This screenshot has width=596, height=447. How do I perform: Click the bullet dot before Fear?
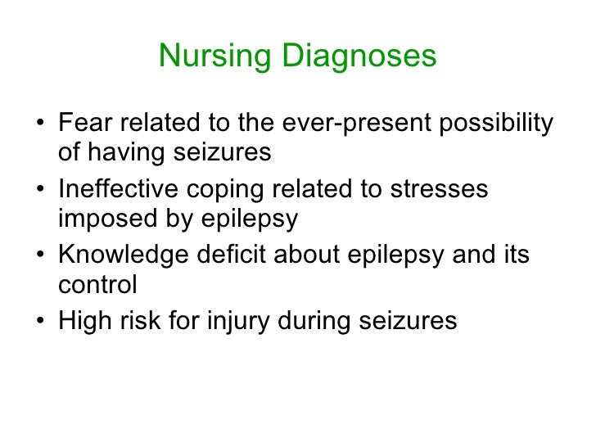coord(41,126)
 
